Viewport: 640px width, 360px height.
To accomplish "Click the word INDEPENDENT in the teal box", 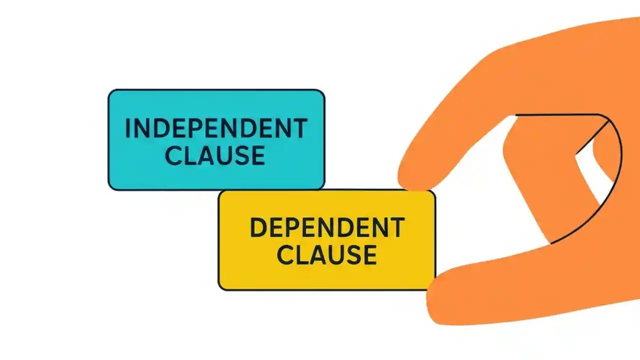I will click(216, 129).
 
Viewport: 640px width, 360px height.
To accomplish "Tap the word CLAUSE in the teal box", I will click(215, 155).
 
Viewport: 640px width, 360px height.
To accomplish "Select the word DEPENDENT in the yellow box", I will click(326, 228).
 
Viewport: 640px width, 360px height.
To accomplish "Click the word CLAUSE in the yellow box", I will click(327, 255).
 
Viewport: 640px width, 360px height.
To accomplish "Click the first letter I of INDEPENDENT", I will click(128, 129).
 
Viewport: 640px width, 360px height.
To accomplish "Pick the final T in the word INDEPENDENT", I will click(299, 129).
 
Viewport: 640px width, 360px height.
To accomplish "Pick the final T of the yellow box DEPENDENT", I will click(396, 228).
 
